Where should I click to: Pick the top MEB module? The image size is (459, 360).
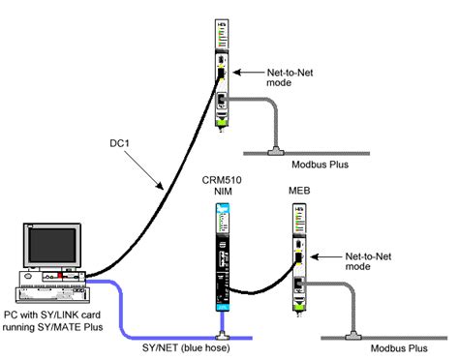click(221, 73)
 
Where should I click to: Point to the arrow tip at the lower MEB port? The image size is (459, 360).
click(310, 257)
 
